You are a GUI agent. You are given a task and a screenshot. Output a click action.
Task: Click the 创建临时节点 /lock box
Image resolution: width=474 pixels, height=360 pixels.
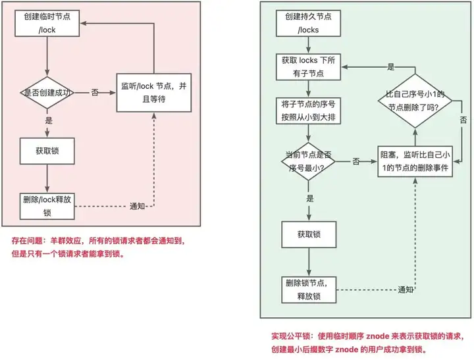(47, 23)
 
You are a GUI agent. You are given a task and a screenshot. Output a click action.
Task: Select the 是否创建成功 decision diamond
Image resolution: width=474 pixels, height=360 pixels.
(47, 93)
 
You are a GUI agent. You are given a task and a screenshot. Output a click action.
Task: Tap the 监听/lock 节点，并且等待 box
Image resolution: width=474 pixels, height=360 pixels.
(154, 93)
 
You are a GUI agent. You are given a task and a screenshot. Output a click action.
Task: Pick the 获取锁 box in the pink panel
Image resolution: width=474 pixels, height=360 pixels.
(47, 151)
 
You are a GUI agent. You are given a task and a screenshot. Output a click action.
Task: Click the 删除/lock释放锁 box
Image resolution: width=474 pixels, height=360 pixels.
(47, 206)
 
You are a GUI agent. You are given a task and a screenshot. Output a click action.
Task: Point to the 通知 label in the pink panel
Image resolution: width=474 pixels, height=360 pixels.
(137, 206)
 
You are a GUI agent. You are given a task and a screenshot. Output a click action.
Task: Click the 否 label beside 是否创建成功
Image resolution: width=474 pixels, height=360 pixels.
(95, 93)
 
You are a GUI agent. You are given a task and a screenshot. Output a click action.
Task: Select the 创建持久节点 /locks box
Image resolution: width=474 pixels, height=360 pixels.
(308, 23)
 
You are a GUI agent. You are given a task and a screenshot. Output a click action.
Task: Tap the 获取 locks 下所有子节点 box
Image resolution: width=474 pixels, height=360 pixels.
(308, 67)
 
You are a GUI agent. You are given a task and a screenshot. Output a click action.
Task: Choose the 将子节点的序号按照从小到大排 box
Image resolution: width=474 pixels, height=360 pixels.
(308, 111)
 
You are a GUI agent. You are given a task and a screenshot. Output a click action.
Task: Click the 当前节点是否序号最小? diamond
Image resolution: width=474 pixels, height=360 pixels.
(308, 161)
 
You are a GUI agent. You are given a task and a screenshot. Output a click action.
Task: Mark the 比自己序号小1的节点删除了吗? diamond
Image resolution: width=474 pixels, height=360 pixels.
(415, 101)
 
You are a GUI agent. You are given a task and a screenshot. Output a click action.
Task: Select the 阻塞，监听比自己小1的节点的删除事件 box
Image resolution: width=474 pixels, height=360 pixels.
(415, 161)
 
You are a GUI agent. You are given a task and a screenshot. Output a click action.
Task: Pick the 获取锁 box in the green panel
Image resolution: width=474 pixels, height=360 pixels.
(309, 234)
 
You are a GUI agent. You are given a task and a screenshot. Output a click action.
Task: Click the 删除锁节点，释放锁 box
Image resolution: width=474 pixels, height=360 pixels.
(309, 290)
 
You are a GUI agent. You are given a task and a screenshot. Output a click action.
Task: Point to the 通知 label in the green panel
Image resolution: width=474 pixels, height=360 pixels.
(406, 290)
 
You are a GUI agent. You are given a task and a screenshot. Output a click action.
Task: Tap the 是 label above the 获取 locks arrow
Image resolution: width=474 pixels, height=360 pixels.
(391, 67)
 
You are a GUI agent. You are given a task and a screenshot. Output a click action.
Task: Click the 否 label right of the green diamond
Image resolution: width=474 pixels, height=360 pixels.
(463, 120)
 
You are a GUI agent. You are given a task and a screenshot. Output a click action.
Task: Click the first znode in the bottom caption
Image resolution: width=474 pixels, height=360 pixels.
(378, 336)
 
